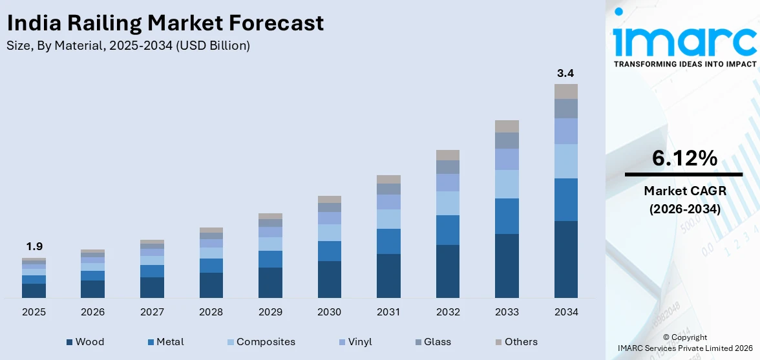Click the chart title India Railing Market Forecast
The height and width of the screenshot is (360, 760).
coord(165,23)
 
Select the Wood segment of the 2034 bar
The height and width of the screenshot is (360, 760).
coord(565,259)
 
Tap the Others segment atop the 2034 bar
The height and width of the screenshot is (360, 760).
coord(565,91)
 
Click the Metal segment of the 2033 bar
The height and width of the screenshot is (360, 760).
coord(507,216)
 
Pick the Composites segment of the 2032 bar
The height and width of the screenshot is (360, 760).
coord(447,203)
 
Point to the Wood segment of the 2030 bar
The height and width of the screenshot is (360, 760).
coord(329,279)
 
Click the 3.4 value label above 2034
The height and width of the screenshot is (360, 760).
coord(565,73)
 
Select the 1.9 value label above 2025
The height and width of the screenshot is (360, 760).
coord(34,246)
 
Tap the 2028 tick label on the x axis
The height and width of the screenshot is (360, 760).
coord(211,312)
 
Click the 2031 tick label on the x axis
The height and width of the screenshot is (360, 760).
coord(388,312)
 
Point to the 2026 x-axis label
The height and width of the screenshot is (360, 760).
coord(93,312)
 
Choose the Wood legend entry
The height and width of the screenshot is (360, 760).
coord(85,342)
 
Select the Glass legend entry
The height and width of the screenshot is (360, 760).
coord(432,342)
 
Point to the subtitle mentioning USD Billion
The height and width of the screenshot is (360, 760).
coord(128,46)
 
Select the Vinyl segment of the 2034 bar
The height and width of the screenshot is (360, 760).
coord(565,131)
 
